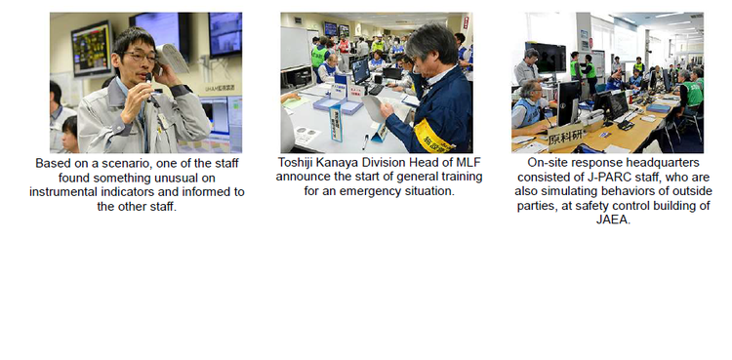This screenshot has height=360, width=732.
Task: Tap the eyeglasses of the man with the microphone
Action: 140,57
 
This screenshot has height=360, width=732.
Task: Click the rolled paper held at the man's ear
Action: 172,58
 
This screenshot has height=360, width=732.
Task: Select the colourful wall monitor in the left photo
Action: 92,49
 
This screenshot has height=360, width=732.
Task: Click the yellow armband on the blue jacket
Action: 431,137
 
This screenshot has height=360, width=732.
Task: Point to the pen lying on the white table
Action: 366,141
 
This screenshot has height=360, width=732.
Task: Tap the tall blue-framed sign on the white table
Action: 336,123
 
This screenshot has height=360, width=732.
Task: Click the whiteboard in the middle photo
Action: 295,48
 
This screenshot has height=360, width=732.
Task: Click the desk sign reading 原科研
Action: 565,136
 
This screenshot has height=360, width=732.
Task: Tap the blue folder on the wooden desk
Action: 658,108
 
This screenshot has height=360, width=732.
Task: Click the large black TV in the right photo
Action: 546,58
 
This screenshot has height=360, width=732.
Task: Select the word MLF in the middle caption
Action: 468,163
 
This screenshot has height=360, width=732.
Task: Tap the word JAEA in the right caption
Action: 614,220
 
